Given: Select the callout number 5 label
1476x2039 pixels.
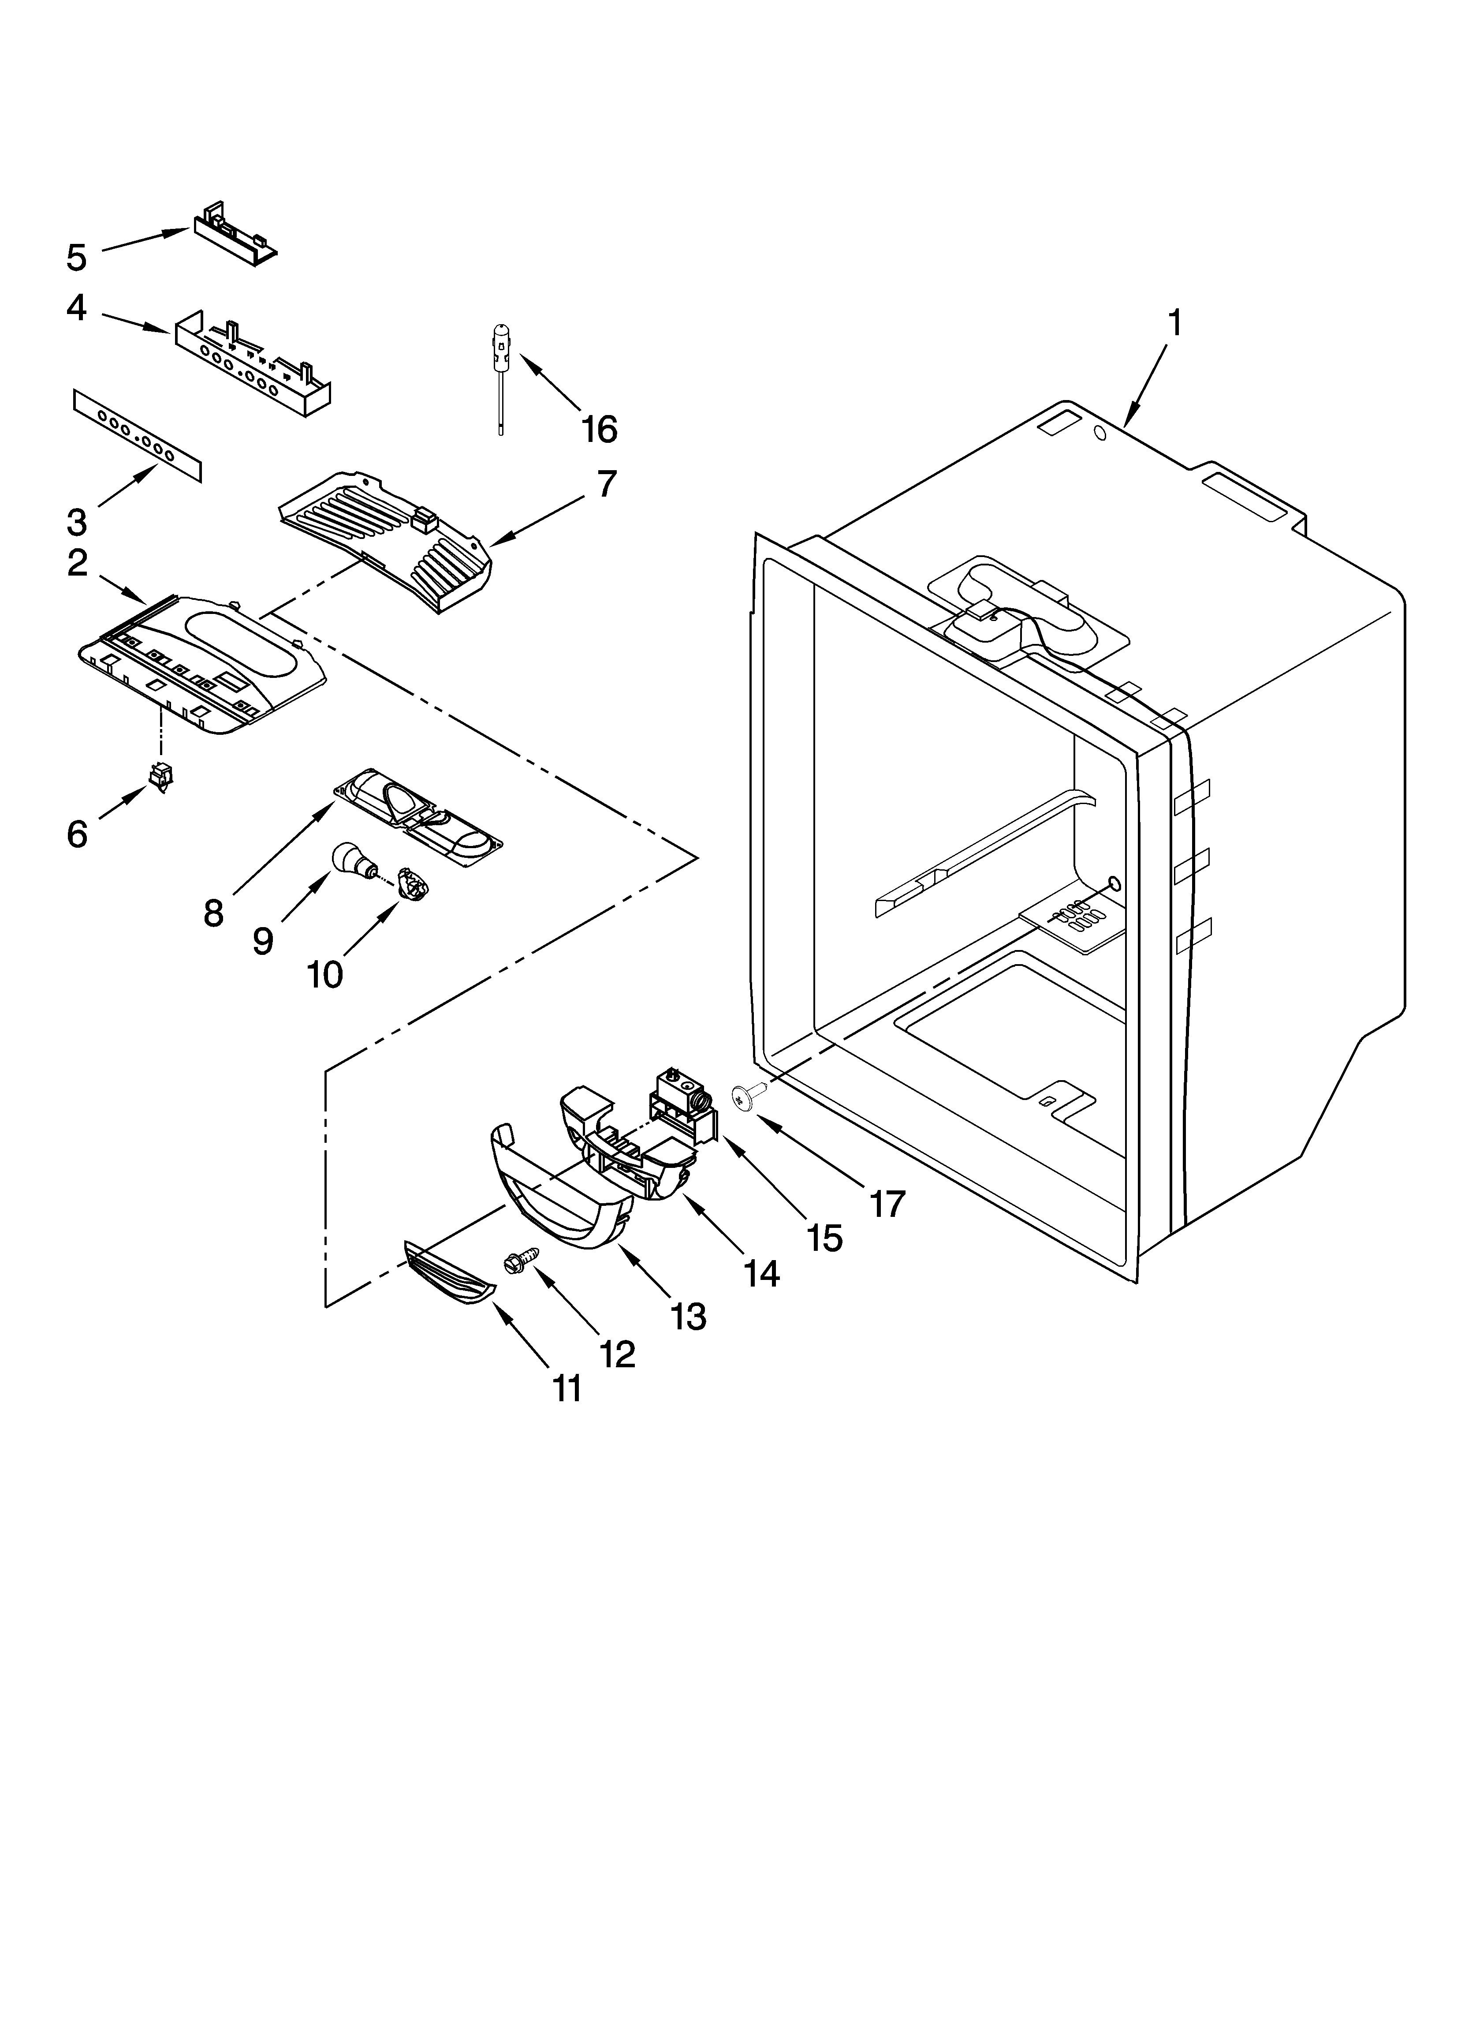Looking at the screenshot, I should pos(77,257).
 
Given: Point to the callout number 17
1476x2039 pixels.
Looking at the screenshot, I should pos(887,1203).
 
